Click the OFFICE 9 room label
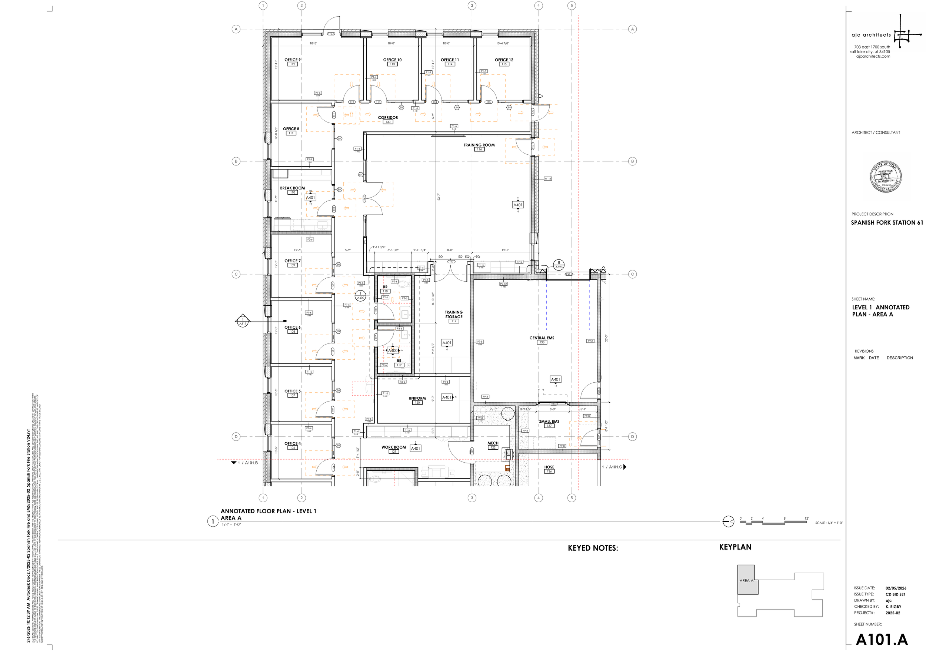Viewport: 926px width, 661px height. [292, 60]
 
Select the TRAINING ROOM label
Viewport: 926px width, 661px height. [479, 145]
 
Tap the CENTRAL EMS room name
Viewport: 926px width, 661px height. [542, 338]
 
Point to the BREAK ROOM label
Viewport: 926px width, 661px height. [292, 188]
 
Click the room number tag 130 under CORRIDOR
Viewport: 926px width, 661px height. [387, 122]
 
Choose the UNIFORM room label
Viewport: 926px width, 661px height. [417, 398]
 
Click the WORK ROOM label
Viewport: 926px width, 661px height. [393, 447]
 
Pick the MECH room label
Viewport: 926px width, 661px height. [493, 443]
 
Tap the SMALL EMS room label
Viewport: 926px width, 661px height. [549, 421]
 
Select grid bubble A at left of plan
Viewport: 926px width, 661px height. [236, 29]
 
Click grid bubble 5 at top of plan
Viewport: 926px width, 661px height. [571, 5]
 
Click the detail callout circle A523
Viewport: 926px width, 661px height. [559, 265]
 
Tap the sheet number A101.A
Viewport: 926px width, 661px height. [882, 640]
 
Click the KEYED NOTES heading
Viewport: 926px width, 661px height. [592, 548]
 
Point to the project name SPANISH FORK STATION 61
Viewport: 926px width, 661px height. [886, 223]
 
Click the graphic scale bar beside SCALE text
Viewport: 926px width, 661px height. [773, 522]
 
